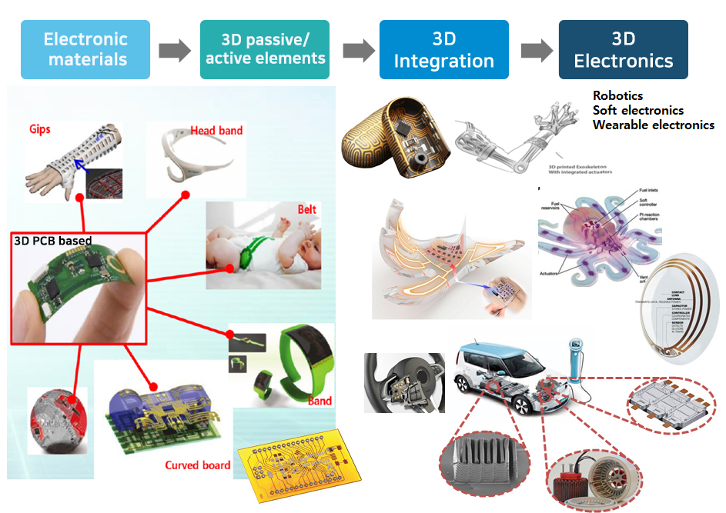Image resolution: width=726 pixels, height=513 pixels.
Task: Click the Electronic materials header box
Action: (86, 49)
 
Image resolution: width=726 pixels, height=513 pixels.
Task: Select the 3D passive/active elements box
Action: (265, 49)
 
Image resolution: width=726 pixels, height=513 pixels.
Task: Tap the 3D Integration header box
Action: (443, 49)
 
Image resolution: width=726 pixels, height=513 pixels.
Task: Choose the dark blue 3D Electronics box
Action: (623, 49)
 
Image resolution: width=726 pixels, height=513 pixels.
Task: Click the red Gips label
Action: (40, 129)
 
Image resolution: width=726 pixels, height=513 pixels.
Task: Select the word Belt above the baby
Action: (306, 209)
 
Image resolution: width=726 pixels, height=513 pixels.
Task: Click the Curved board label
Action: (197, 465)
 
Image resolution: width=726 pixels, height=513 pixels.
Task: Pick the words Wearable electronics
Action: (654, 125)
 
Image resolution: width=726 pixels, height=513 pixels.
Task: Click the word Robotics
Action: (618, 96)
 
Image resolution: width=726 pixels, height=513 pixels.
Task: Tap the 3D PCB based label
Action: (53, 241)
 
